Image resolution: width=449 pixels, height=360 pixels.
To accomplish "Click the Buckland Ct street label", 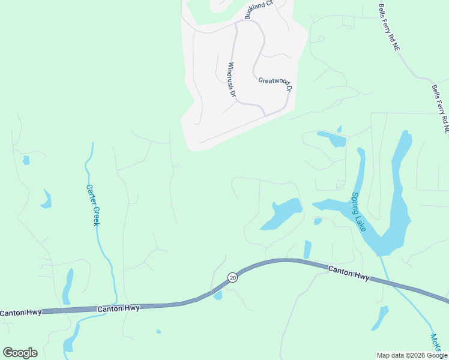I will (x=258, y=10).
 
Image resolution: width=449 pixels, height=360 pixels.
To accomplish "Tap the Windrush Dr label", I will (x=232, y=80).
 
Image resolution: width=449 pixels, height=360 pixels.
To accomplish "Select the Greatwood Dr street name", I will (x=275, y=84).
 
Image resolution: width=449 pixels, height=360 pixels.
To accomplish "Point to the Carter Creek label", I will (x=94, y=205).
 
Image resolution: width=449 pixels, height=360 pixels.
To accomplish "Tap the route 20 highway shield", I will (x=232, y=277).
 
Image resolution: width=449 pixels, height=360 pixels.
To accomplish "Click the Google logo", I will (x=20, y=352).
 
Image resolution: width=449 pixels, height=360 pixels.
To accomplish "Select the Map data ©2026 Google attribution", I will (x=412, y=355).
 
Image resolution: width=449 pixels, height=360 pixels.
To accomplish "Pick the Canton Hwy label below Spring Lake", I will (x=349, y=274).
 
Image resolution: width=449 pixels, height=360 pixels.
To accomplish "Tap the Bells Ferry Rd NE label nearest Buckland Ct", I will (x=388, y=28).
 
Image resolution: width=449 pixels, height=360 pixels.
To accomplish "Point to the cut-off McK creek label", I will (x=435, y=343).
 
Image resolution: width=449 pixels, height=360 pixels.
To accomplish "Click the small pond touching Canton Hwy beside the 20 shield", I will (x=218, y=295).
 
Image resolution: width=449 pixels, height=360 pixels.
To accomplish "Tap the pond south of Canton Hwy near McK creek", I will (x=380, y=317).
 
